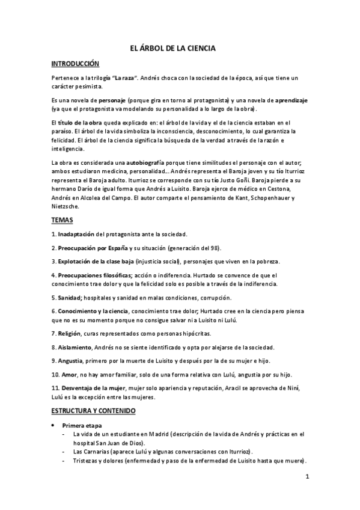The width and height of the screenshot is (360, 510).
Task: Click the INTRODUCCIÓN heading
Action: [x=75, y=64]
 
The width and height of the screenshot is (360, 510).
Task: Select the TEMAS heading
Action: [x=63, y=221]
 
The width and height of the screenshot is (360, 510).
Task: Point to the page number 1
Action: [x=307, y=478]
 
